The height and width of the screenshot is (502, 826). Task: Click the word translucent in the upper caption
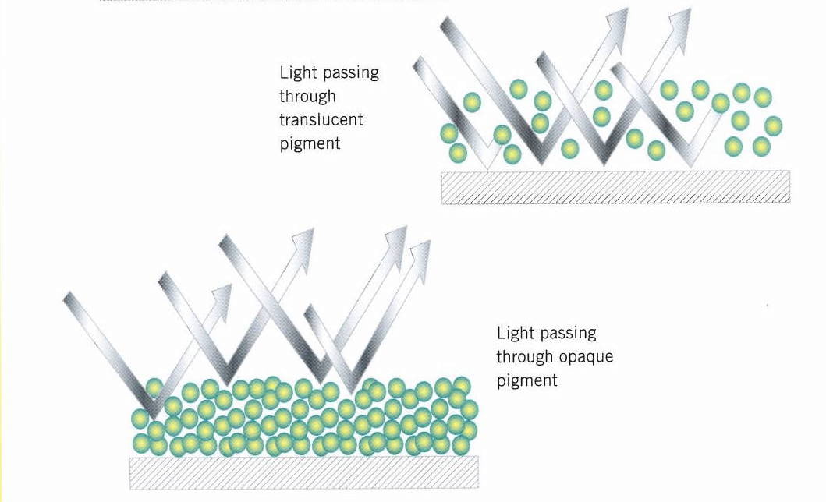click(321, 120)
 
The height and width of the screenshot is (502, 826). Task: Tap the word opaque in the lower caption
click(586, 358)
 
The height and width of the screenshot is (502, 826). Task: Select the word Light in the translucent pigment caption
click(296, 72)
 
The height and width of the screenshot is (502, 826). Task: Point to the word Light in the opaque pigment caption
click(513, 334)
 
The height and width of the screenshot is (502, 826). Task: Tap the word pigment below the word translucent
click(310, 144)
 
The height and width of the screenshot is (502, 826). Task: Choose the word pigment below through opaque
click(526, 381)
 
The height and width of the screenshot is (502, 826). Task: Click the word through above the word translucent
click(307, 97)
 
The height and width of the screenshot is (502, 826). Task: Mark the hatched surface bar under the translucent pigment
click(615, 187)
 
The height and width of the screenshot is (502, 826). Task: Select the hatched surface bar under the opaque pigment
click(303, 472)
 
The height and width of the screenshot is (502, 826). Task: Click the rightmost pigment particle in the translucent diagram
click(773, 125)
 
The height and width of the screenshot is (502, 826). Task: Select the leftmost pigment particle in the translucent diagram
click(448, 133)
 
